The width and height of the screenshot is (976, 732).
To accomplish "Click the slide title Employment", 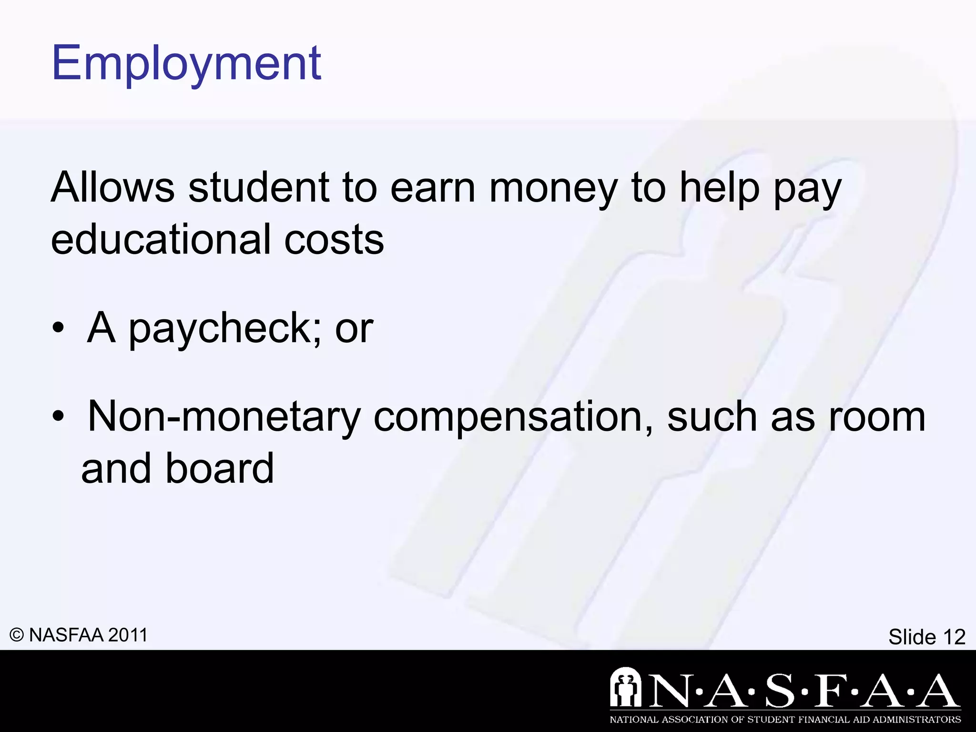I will coord(186,63).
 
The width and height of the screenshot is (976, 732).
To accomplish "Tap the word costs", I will coord(334,240).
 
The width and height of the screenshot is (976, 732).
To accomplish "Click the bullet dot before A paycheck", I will coord(58,328).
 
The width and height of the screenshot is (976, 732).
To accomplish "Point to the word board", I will coord(219,468).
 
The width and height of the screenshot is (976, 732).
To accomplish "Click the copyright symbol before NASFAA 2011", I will coord(17,635).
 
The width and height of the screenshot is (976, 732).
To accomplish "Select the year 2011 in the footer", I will coord(128,635).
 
